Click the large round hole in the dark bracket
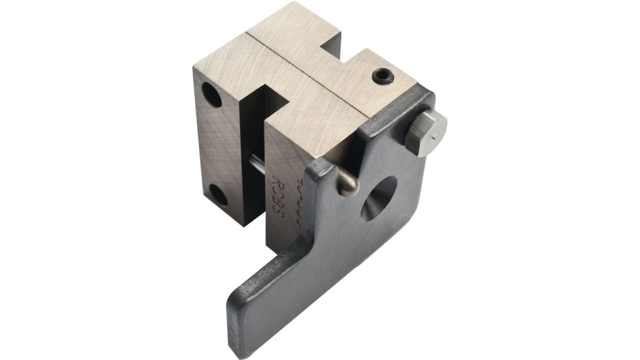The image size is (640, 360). [380, 198]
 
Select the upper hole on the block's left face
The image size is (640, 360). [211, 96]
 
